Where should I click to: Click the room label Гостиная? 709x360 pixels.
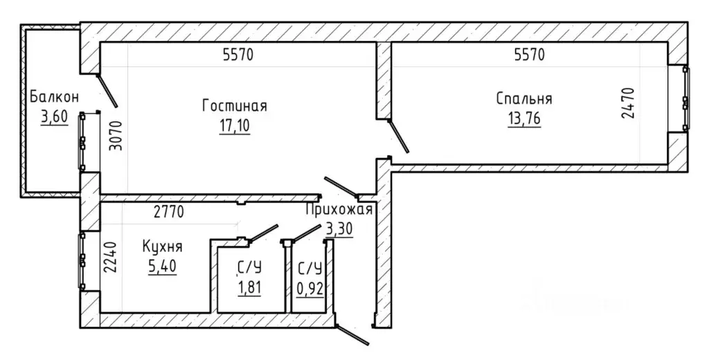tap(234, 106)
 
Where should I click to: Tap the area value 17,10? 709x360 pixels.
tap(234, 127)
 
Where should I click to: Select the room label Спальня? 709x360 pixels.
tap(524, 98)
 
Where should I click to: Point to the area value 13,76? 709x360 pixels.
tap(524, 119)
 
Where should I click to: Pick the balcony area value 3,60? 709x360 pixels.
tap(54, 117)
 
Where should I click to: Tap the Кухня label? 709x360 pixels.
tap(162, 247)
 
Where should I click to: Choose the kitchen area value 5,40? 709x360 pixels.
tap(162, 267)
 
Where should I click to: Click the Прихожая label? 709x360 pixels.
tap(339, 210)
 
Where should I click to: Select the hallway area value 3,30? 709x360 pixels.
tap(339, 229)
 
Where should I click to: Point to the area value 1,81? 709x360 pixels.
tap(249, 287)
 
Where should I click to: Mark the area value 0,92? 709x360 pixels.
tap(310, 288)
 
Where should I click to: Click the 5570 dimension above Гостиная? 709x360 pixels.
tap(238, 55)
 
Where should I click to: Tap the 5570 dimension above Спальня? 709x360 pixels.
tap(530, 55)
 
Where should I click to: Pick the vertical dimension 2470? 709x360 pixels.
tap(628, 103)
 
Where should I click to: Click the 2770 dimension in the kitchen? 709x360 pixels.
tap(169, 211)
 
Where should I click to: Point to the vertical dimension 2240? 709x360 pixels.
tap(111, 257)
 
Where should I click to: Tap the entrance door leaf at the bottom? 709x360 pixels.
tap(352, 335)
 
